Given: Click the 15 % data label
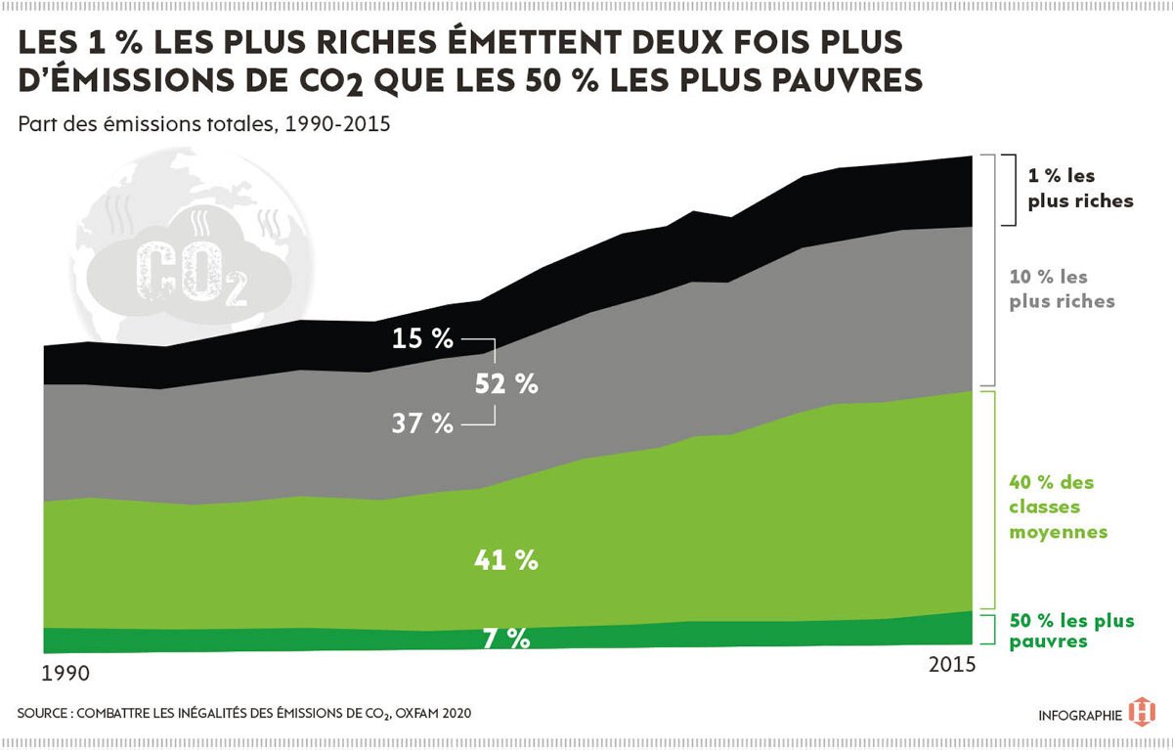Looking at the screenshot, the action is click(422, 338).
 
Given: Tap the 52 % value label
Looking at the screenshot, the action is click(506, 384).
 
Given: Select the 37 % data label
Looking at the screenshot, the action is click(422, 423).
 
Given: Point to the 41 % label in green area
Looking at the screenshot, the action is click(506, 560).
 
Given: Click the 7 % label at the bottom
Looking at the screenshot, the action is click(506, 639).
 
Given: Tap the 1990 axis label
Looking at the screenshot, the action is click(65, 674).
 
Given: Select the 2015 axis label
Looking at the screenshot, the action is click(952, 665).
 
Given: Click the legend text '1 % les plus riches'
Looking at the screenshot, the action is click(1080, 188).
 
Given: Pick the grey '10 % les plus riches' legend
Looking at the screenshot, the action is click(1062, 288).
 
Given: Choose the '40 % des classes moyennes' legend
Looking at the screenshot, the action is click(1059, 507).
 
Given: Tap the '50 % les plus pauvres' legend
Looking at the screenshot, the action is click(1072, 631).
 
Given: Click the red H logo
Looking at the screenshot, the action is click(1142, 712).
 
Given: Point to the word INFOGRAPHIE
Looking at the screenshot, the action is click(1080, 716).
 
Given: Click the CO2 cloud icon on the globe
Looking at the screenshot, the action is click(189, 267).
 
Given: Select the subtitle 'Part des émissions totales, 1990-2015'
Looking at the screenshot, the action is click(204, 124).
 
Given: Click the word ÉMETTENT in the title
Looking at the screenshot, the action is click(535, 41).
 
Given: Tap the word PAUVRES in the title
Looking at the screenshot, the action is click(847, 80).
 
